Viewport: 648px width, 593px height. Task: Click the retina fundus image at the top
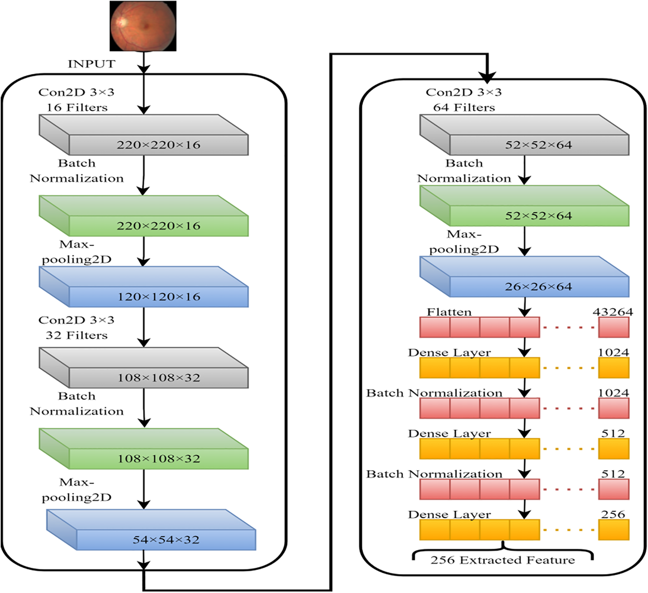pos(143,26)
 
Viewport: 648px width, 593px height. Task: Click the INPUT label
pos(92,64)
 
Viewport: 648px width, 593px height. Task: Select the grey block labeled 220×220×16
pos(158,145)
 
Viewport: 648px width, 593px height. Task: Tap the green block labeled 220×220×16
pos(158,226)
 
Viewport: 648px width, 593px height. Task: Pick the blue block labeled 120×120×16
pos(158,297)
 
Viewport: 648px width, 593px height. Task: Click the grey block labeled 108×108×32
pos(158,378)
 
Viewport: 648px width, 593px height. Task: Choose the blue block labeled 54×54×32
pos(166,540)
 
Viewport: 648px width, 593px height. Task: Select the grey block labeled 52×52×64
pos(539,145)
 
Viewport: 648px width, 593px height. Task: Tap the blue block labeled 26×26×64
pos(539,287)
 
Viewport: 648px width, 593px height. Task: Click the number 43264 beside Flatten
pos(612,312)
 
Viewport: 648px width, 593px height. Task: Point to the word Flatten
pos(449,312)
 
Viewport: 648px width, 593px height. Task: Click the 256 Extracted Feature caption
pos(503,560)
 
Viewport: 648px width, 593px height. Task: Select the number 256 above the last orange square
pos(613,514)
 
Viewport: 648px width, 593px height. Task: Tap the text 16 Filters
pos(77,108)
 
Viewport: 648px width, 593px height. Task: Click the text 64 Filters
pos(464,108)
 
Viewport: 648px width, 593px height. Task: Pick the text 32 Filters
pos(76,335)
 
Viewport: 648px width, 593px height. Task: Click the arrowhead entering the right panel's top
pos(487,76)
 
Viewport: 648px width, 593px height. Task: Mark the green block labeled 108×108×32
pos(158,459)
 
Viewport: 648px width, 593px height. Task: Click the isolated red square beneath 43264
pos(614,327)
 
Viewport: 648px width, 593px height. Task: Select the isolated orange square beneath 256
pos(614,530)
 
